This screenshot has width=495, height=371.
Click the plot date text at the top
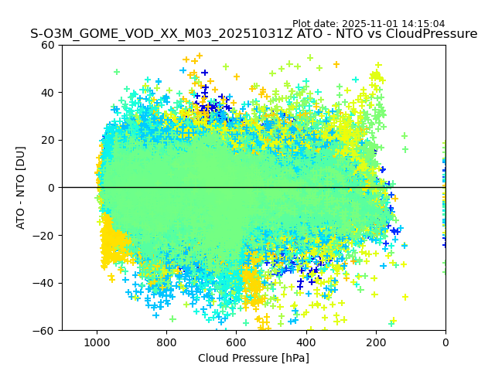point(379,24)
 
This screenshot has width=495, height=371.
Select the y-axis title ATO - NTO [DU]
point(21,187)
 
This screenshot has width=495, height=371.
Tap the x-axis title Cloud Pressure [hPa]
point(254,358)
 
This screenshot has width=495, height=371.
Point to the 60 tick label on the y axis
point(49,45)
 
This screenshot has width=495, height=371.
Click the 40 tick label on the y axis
point(49,93)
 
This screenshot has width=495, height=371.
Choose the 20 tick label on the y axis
point(49,140)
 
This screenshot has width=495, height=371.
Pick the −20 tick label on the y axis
point(46,235)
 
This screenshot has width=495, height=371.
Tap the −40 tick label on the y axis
point(46,283)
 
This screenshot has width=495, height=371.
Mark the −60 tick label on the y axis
point(46,331)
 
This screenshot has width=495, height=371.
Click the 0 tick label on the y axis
point(52,188)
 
